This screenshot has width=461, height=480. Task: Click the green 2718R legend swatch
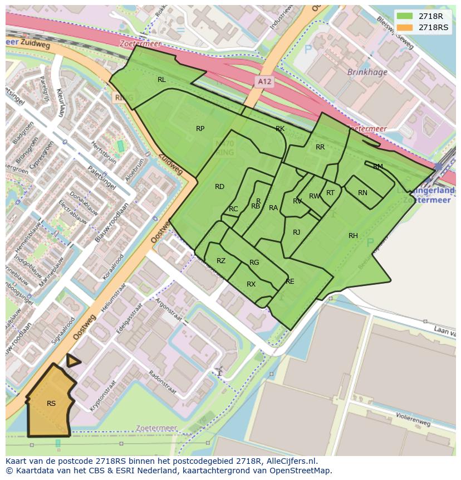[405, 16]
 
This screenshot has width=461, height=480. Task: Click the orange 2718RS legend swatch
[405, 27]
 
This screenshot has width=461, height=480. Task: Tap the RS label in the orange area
[51, 404]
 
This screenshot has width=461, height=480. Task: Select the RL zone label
[161, 80]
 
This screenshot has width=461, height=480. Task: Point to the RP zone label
[200, 129]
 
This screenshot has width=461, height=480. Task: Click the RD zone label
[219, 187]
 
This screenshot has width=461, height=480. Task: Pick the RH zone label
[353, 236]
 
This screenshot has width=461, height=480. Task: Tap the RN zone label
[362, 193]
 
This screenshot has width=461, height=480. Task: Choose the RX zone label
[251, 284]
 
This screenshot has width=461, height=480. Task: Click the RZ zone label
[221, 261]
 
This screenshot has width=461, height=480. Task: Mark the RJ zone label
[297, 232]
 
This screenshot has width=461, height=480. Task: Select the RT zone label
[330, 193]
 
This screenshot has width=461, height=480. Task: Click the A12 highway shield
[264, 82]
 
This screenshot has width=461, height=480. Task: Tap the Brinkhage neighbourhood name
[366, 72]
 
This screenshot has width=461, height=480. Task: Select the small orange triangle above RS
[72, 361]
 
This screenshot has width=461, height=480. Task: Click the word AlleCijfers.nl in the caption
[291, 461]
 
